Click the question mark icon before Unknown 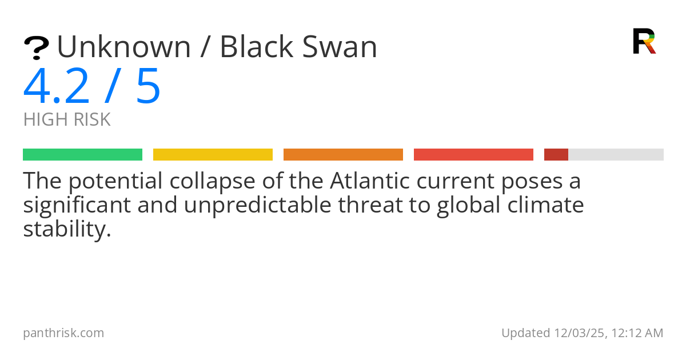click(x=36, y=48)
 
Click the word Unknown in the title click(x=123, y=47)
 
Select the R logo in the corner click(x=644, y=41)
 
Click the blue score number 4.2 click(x=57, y=87)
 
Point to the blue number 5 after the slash click(x=148, y=87)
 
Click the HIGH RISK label click(x=67, y=120)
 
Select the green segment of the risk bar click(x=82, y=155)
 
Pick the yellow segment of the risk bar click(x=213, y=155)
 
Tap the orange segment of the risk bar click(x=343, y=155)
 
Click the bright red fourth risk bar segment click(x=473, y=155)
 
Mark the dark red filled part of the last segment click(x=556, y=155)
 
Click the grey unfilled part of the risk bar click(x=616, y=155)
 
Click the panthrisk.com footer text click(x=63, y=333)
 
